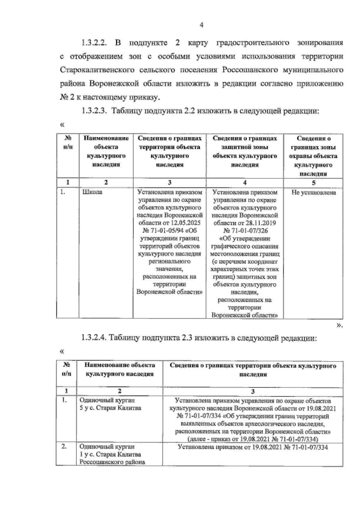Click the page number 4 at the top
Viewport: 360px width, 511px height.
[x=201, y=26]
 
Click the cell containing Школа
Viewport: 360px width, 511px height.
[x=92, y=192]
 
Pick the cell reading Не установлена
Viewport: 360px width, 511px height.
[x=313, y=193]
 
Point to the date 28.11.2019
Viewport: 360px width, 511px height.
[x=261, y=223]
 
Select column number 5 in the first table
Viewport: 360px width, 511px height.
[x=313, y=183]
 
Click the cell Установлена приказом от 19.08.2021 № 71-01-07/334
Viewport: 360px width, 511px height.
[x=253, y=447]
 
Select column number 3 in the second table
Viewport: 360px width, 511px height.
[x=253, y=391]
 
